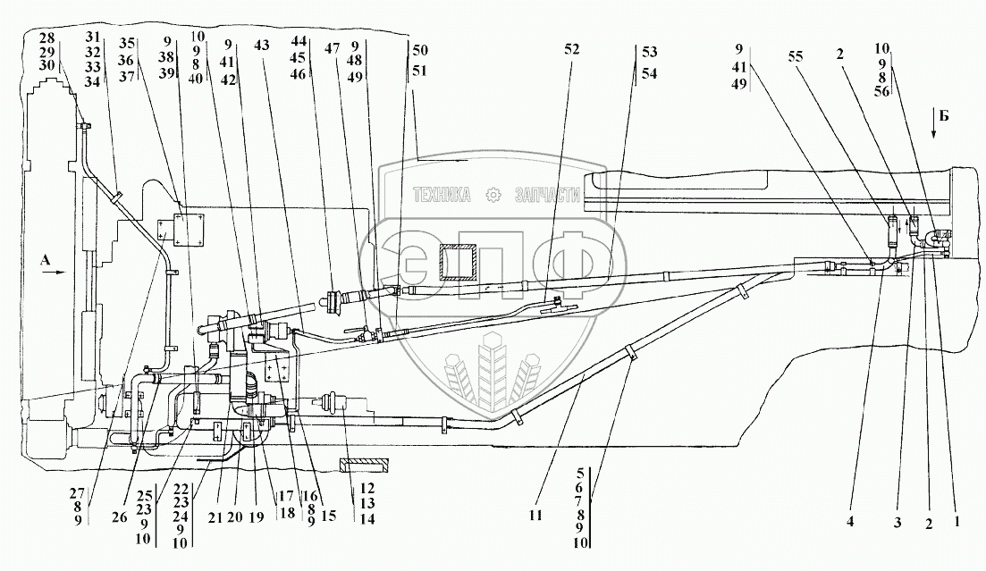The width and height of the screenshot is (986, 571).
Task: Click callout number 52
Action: click(571, 51)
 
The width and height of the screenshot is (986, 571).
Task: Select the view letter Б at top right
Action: click(933, 114)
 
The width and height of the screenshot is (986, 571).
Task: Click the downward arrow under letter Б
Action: click(933, 131)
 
